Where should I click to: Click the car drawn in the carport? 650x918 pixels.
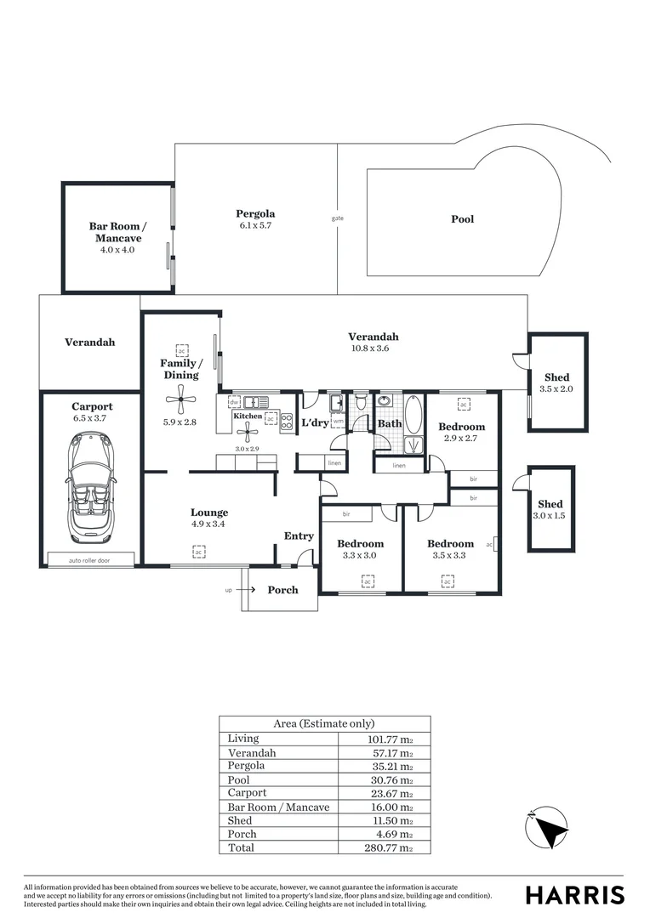91,487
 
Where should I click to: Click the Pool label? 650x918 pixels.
462,219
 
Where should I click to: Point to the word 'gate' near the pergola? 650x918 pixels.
338,218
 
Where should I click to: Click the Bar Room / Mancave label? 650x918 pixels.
117,232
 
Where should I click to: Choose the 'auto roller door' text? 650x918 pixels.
90,560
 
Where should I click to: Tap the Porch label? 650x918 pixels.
282,590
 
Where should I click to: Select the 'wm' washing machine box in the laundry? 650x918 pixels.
338,421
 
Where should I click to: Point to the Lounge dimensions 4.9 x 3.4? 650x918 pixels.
209,524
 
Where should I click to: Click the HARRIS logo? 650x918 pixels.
574,895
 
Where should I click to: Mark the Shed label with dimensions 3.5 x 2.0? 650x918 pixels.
557,382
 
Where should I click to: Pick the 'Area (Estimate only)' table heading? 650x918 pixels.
324,723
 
